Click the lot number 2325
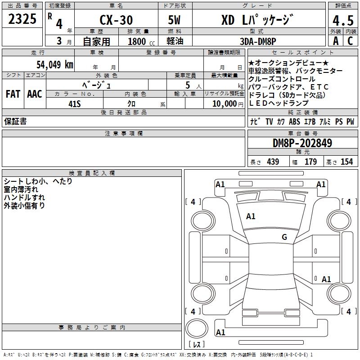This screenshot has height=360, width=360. point(22,19)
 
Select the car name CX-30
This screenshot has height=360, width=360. point(116,20)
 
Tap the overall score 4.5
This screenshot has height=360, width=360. point(342,21)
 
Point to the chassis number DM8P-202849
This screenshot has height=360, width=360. point(302,143)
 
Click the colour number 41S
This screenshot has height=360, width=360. point(74,103)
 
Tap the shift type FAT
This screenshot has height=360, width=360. point(13,94)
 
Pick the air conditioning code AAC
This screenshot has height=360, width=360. point(34,94)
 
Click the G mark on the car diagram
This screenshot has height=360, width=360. point(284,237)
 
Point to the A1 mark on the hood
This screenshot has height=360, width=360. point(251,216)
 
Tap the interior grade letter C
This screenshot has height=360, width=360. point(349,41)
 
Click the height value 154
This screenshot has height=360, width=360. point(346,162)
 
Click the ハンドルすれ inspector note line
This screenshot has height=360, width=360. point(24,198)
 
